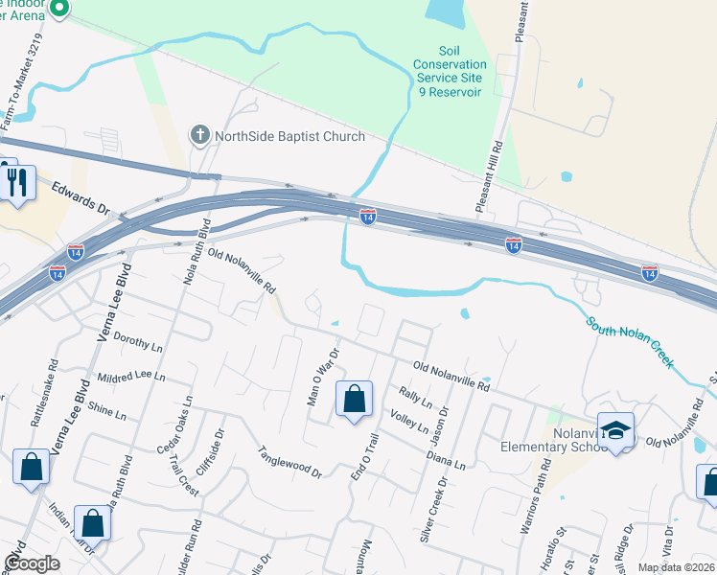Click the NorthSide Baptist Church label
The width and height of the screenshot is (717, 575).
[289, 136]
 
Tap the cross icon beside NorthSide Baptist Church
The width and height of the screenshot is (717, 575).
[200, 134]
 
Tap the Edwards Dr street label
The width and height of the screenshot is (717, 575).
[81, 197]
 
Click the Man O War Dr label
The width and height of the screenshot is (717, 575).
[323, 377]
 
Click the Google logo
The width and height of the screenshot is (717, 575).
[32, 563]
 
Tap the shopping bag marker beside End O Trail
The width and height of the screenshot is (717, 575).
[354, 398]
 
